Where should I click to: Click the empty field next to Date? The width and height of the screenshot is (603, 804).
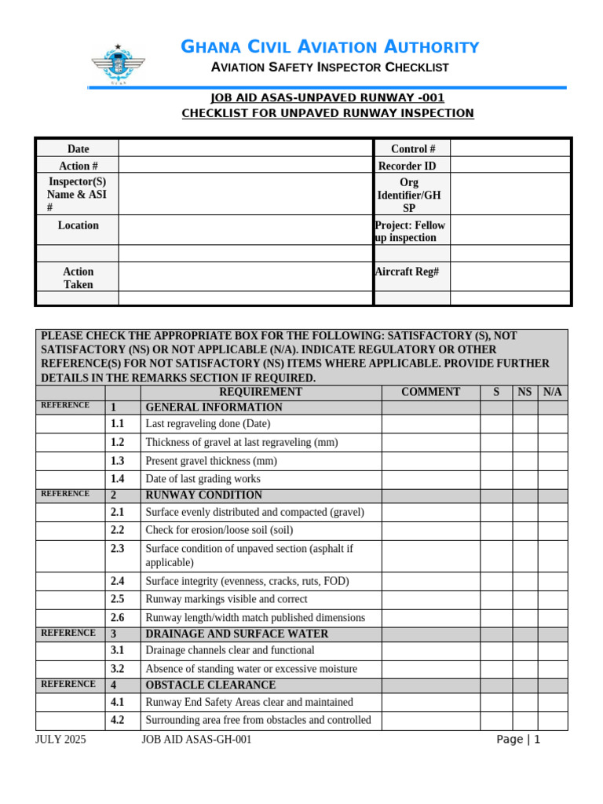coord(244,148)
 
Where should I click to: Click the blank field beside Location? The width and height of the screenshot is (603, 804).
coord(244,229)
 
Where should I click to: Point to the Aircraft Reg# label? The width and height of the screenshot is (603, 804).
coord(407,271)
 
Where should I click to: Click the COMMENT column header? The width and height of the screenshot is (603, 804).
coord(430,392)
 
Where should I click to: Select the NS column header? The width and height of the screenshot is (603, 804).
coord(524,392)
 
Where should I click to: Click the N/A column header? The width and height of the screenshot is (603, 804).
coord(552,392)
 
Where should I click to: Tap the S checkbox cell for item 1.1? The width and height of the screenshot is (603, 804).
coord(496,424)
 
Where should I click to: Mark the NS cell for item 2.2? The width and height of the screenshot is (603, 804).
coord(524,530)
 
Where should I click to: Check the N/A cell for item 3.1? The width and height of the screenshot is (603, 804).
coord(553,650)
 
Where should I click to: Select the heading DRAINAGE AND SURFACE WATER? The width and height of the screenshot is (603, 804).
coord(237,634)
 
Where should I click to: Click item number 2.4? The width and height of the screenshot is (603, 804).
coord(118,581)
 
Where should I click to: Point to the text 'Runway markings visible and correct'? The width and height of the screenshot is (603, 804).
coord(226,599)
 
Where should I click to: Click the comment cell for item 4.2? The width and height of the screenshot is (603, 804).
coord(430,721)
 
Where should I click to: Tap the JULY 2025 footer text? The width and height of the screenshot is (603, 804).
coord(61,740)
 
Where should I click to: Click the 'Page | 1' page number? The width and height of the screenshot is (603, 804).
coord(518,740)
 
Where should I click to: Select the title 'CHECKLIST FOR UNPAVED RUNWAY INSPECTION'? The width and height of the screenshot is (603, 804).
coord(327,113)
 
